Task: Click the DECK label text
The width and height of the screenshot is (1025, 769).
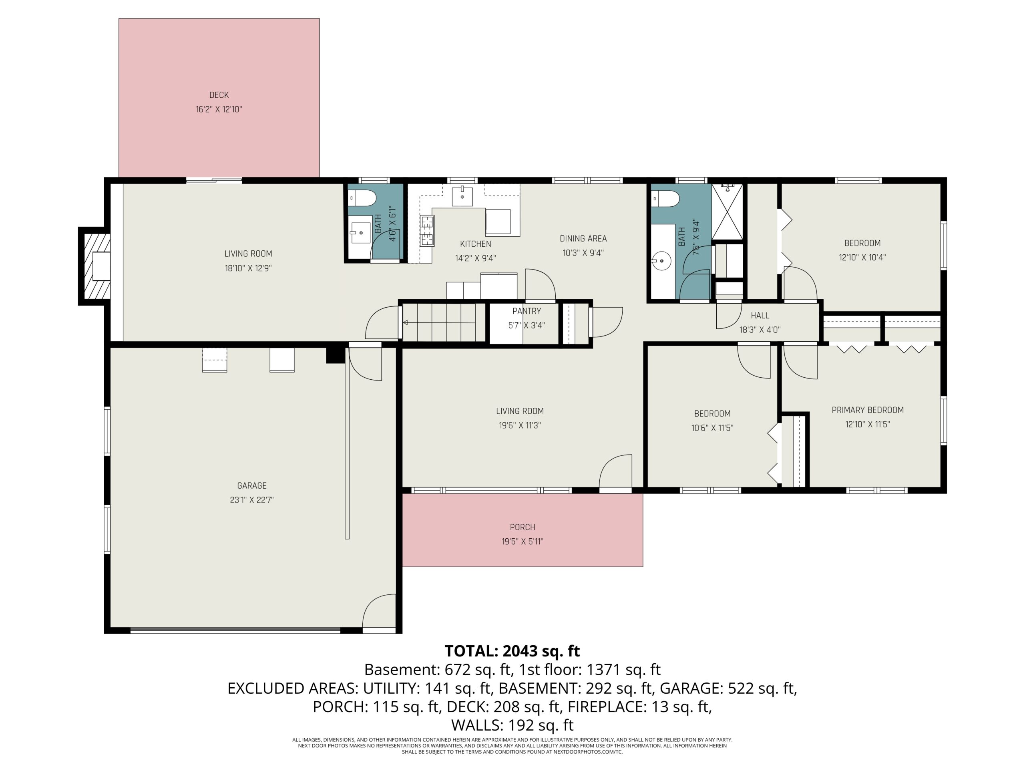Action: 219,95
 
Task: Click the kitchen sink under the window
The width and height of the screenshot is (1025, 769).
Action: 462,196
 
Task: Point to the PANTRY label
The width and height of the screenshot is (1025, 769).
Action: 527,311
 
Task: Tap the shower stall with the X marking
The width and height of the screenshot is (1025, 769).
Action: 727,211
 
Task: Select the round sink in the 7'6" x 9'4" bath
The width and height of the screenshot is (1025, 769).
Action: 662,261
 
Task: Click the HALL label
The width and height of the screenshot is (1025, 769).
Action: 760,316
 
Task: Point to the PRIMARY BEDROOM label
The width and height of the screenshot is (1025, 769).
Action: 868,410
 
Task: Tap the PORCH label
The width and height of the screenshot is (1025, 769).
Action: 522,527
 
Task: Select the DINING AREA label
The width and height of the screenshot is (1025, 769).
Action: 583,238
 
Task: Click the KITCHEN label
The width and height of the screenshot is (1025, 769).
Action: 475,244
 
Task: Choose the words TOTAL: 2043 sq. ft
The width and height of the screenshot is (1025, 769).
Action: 512,651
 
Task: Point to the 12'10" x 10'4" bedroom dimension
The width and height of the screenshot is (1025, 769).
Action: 862,257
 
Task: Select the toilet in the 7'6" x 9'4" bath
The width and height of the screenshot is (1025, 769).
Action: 665,198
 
